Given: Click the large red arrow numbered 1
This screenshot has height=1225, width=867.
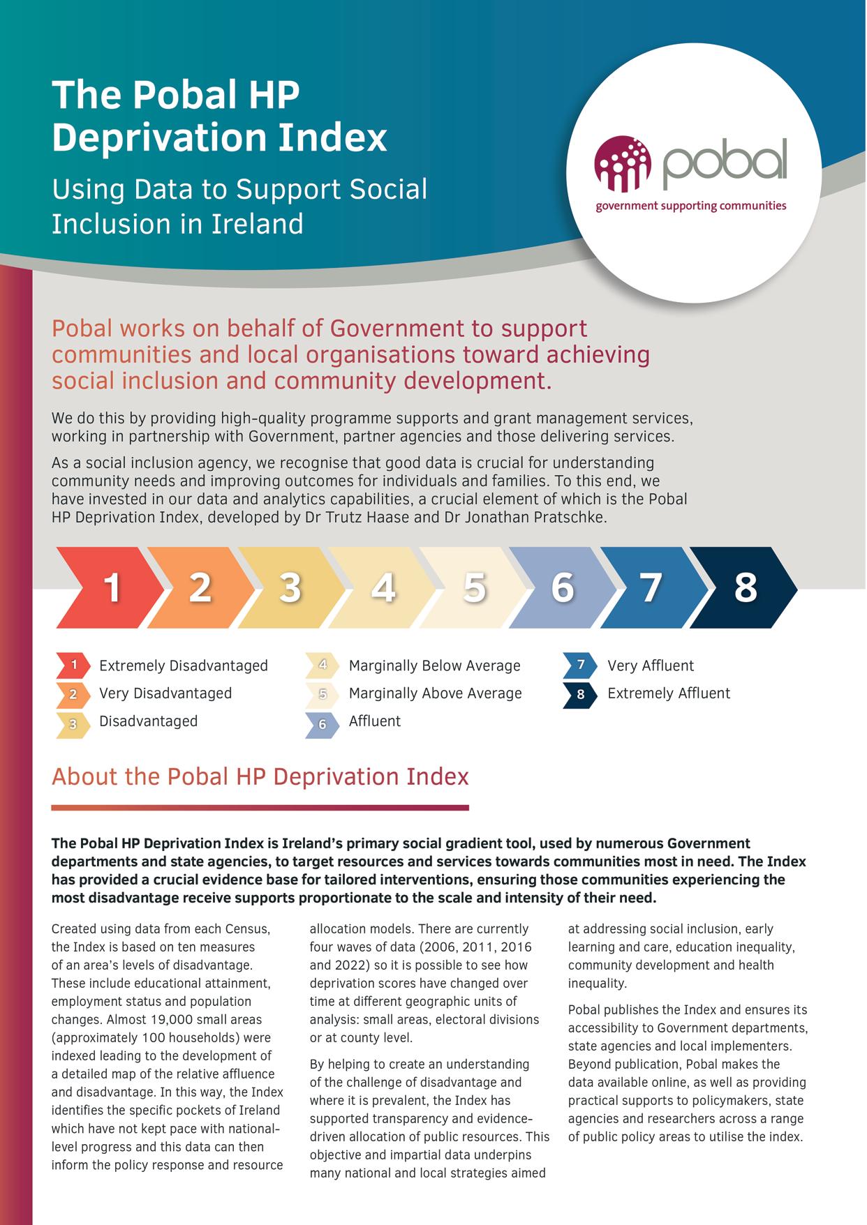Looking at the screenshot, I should (112, 587).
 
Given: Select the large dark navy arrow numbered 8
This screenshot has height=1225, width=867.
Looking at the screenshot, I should (745, 587).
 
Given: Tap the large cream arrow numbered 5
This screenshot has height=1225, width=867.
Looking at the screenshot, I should (474, 587).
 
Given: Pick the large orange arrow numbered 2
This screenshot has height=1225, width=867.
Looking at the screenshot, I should (200, 587).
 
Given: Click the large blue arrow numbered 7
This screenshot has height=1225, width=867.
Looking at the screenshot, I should (651, 587).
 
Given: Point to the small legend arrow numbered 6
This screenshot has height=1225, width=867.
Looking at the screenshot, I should (323, 724).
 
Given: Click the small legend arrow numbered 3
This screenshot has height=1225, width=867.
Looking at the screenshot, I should (73, 724).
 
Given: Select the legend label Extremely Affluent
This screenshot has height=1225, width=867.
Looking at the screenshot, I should (668, 693).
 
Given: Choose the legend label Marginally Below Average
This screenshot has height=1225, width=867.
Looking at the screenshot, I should (434, 666).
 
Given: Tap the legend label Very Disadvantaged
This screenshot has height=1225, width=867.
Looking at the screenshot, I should (165, 693).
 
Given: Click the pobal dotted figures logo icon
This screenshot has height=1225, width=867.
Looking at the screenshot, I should (622, 163).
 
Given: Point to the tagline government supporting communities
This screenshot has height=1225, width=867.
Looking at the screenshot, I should (690, 206).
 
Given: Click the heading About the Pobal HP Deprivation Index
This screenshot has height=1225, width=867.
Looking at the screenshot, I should (260, 777).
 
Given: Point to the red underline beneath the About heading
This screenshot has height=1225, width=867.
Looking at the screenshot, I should (260, 808).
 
